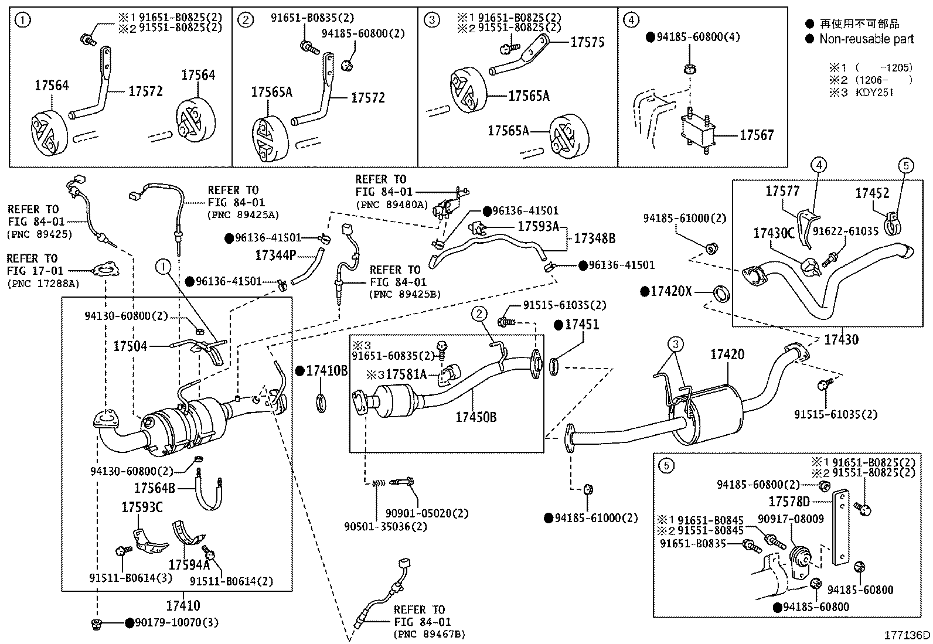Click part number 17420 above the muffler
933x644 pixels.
tap(727, 354)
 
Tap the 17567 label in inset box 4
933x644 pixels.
tap(756, 135)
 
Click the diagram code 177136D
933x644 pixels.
tap(907, 635)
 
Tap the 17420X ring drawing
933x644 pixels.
tap(721, 292)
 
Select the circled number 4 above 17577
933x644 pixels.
tap(819, 166)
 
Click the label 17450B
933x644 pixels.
tap(476, 417)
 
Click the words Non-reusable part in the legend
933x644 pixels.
tap(866, 39)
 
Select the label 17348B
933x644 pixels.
tap(594, 238)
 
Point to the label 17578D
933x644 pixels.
tap(789, 502)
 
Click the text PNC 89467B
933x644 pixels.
tap(430, 633)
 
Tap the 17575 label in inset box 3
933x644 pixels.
tap(587, 42)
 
